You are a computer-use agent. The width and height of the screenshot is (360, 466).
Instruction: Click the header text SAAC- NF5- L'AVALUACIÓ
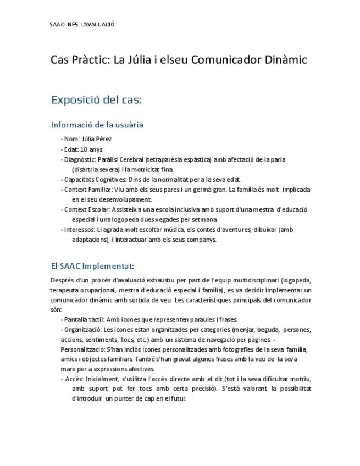pyautogui.click(x=82, y=24)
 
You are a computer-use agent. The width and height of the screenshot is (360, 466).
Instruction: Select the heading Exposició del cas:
pyautogui.click(x=96, y=100)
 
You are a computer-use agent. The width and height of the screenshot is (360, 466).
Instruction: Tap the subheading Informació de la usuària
pyautogui.click(x=97, y=125)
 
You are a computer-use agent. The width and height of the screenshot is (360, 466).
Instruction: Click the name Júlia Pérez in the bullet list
pyautogui.click(x=96, y=139)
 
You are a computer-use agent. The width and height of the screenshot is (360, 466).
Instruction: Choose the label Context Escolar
pyautogui.click(x=87, y=209)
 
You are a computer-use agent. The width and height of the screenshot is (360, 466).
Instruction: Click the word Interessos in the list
pyautogui.click(x=79, y=229)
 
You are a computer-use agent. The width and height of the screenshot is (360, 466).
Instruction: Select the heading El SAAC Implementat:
pyautogui.click(x=92, y=267)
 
